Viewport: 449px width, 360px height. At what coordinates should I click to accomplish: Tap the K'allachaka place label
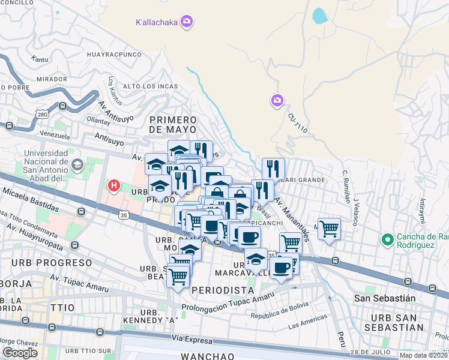tap(156, 22)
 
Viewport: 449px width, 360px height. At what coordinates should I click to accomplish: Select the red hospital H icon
tap(113, 186)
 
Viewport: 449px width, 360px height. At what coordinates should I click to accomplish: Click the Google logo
tap(20, 353)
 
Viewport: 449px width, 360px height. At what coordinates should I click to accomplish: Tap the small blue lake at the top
tap(319, 15)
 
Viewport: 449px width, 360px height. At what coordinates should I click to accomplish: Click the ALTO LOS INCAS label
tap(150, 86)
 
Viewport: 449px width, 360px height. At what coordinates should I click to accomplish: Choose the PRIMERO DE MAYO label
tap(173, 125)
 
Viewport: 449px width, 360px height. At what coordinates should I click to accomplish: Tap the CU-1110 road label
tap(297, 124)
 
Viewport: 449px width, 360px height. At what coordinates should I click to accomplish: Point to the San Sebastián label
tap(393, 298)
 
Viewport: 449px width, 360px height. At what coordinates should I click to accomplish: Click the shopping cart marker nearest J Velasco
tap(329, 229)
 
